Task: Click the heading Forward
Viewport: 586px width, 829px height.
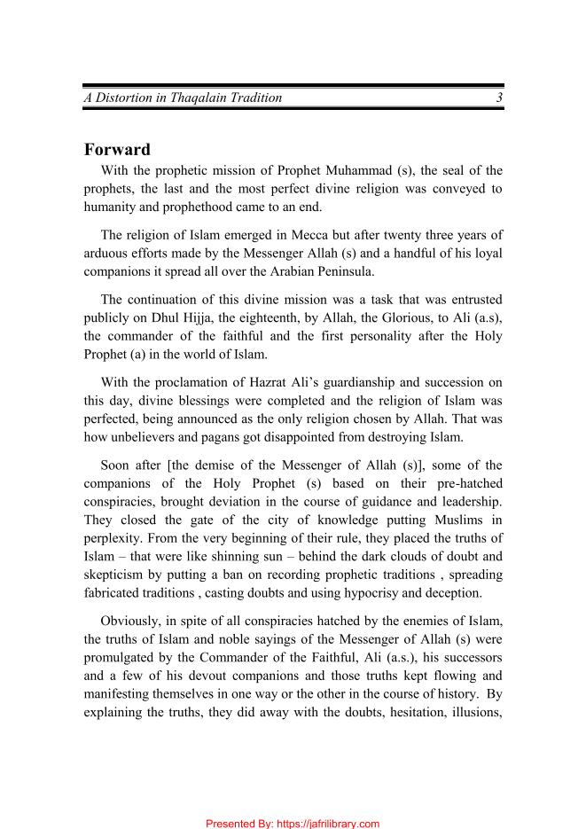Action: coord(117,149)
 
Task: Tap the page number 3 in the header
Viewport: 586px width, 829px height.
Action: coord(500,98)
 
